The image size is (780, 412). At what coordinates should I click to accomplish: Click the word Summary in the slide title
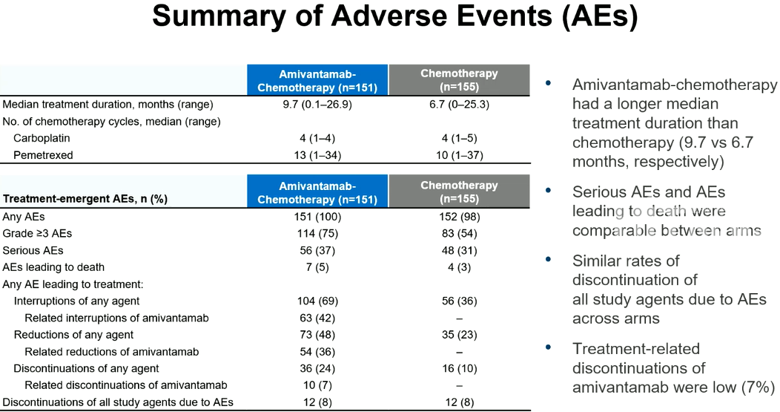coord(219,16)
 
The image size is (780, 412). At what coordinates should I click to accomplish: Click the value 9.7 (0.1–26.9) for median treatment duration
coord(317,105)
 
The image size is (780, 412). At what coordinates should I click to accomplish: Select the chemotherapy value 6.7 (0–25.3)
coord(459,105)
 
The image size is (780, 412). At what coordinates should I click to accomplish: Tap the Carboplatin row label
coord(42,138)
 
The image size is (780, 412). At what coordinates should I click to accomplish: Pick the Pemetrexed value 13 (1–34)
coord(317,155)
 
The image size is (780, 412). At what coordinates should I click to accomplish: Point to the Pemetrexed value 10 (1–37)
coord(459,155)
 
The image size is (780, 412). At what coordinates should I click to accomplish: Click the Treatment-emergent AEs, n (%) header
coord(85,199)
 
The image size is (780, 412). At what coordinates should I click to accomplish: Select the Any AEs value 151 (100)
coord(317,217)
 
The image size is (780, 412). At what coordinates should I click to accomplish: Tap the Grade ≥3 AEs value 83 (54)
coord(459,233)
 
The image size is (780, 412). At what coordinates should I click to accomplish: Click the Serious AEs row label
coord(33,250)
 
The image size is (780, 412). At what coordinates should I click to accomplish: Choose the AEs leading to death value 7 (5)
coord(317,267)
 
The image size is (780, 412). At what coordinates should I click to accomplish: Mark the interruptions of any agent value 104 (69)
coord(317,301)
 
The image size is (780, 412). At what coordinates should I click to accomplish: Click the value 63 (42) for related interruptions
coord(317,318)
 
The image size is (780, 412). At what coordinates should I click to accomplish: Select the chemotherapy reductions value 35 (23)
coord(459,335)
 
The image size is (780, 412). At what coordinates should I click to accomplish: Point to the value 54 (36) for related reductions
coord(317,352)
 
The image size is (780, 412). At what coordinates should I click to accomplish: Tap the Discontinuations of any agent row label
coord(86,369)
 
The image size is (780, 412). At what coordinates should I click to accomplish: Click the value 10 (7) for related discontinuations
coord(317,385)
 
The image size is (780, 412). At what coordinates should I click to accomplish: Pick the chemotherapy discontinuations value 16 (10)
coord(459,369)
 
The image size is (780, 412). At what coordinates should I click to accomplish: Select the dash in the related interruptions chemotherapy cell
coord(459,318)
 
